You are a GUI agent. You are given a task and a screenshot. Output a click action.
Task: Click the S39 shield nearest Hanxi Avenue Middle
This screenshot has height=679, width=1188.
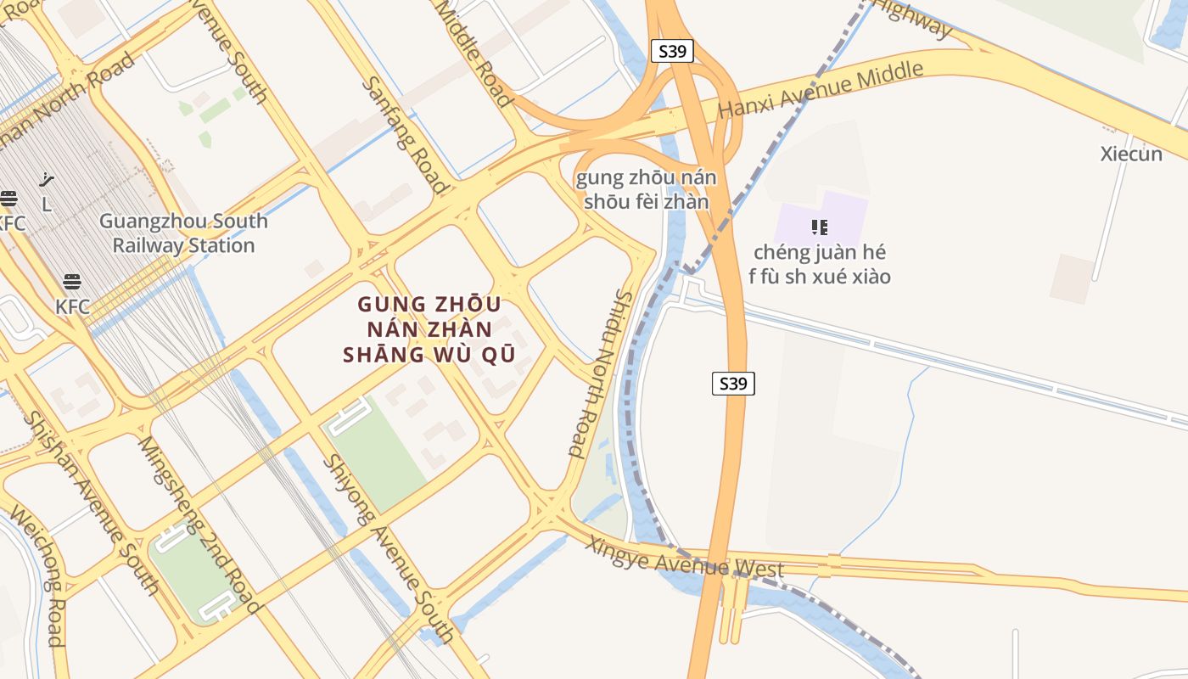click(672, 52)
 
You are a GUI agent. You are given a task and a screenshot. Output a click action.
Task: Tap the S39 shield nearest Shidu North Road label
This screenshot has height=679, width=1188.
click(733, 384)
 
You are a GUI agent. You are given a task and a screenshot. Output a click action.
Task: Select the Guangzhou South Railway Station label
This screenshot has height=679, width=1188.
click(183, 233)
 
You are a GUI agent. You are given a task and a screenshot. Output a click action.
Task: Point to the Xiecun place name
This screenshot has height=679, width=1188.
click(1131, 154)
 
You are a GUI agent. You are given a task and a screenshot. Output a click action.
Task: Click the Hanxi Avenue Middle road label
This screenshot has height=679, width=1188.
click(820, 91)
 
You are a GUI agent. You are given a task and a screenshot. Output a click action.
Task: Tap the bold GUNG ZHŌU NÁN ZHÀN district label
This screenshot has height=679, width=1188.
click(429, 329)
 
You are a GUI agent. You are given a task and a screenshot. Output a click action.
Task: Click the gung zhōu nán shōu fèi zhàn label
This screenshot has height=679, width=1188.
click(646, 189)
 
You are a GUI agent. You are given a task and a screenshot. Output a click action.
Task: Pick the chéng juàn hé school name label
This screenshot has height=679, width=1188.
click(820, 264)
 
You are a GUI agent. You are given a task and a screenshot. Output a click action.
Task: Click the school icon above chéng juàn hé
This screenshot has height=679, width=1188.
click(819, 227)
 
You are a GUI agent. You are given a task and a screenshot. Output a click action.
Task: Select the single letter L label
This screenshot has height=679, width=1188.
click(46, 205)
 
